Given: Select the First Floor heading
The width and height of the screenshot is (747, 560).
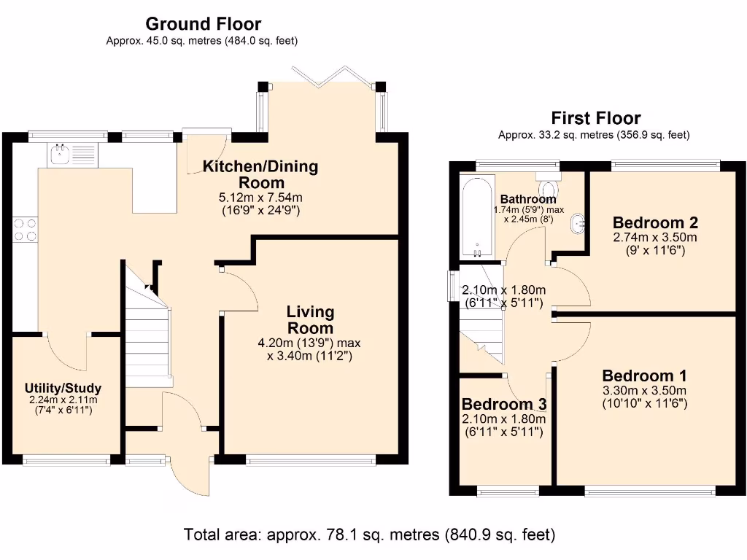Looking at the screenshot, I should [x=595, y=117].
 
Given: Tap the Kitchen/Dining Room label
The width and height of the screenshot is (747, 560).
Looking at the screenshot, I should [x=260, y=174].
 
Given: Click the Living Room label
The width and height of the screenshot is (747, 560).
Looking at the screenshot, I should [x=311, y=319].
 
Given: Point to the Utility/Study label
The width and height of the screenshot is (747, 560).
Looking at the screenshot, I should [x=63, y=388].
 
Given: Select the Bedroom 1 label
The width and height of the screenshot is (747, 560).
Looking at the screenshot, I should [x=644, y=376].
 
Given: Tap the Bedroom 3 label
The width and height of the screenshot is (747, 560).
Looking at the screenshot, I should [x=503, y=405].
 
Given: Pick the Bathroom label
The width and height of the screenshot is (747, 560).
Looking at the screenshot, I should [x=528, y=199].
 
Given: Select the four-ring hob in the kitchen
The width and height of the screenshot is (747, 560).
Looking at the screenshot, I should [x=25, y=230].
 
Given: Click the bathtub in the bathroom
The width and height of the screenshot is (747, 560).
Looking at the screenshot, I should [x=478, y=217].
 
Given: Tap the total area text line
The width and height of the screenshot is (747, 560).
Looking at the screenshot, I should [x=370, y=534].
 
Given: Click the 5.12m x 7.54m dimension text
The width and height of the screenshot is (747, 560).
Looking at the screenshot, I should [x=260, y=197].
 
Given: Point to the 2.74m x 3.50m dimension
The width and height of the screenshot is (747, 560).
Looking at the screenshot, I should [x=655, y=238].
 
